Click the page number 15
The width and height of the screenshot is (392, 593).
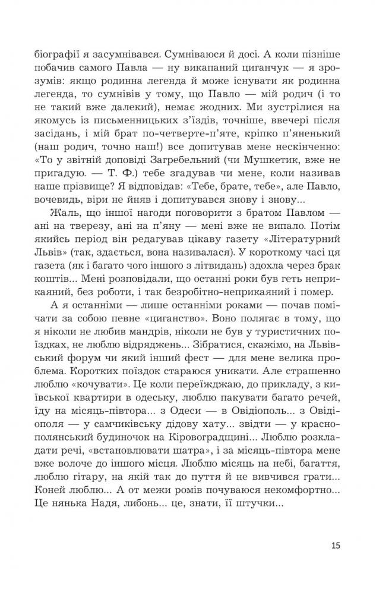coord(336,546)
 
